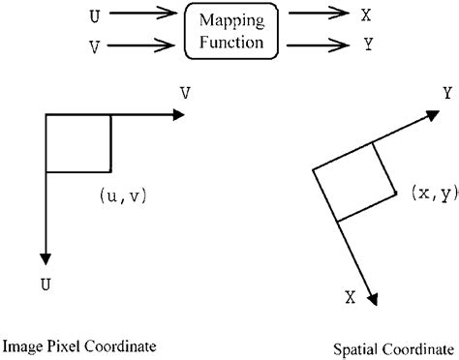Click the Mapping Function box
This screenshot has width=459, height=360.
(x=229, y=30)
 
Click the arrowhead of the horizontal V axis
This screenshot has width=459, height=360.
(x=177, y=114)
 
